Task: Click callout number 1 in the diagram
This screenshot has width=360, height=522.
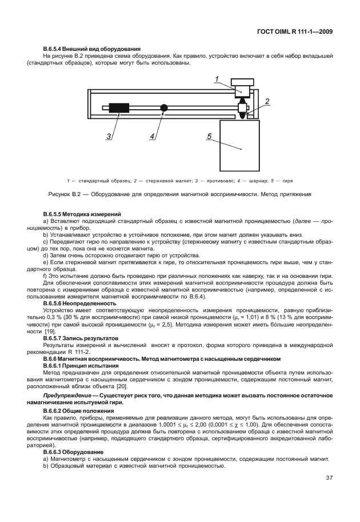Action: click(x=217, y=79)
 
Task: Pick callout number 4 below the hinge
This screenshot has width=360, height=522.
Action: click(x=153, y=137)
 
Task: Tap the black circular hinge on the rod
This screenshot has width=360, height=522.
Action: click(x=164, y=107)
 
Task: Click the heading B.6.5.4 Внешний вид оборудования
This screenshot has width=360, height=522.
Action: click(x=92, y=49)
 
